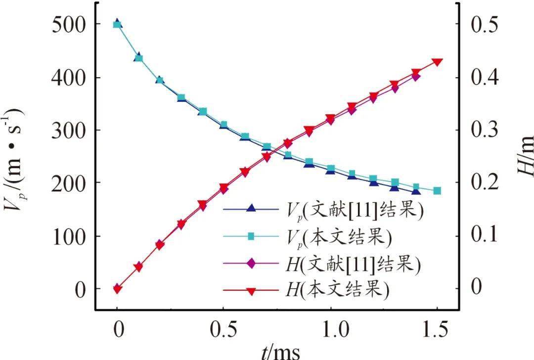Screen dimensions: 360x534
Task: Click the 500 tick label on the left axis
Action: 68,25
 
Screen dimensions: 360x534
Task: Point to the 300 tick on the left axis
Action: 68,130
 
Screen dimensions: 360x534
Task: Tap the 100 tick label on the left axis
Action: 68,236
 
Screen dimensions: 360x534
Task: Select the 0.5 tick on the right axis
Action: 484,25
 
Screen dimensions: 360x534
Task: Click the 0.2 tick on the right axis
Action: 484,183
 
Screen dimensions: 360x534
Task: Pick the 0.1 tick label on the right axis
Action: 484,236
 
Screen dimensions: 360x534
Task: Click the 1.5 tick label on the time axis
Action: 437,328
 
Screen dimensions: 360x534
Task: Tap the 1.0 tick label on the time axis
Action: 330,328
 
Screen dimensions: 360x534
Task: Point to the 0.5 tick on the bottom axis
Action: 223,328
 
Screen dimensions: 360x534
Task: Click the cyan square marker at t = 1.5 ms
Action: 437,191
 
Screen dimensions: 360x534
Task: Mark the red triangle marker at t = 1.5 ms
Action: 437,62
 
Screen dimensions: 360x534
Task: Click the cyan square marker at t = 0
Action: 117,24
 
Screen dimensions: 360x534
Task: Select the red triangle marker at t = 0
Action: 117,289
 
